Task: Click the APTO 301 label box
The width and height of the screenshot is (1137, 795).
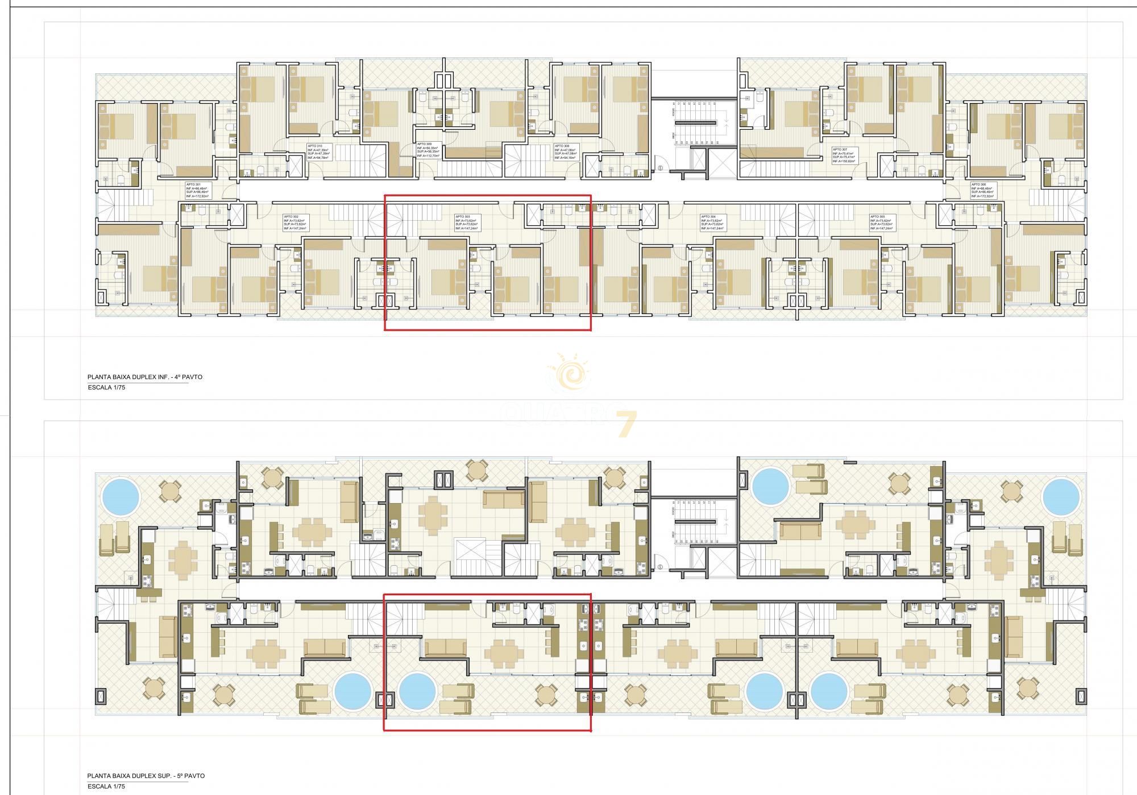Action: (x=197, y=190)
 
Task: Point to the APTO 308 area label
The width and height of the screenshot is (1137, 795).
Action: (x=566, y=152)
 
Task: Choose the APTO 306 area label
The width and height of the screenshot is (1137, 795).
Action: (x=983, y=190)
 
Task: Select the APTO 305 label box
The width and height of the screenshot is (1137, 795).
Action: (x=882, y=222)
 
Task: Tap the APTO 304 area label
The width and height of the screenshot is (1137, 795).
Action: (x=713, y=222)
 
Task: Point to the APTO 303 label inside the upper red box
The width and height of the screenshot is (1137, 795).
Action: (x=467, y=222)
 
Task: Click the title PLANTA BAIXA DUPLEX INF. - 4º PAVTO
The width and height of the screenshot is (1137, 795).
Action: (x=144, y=377)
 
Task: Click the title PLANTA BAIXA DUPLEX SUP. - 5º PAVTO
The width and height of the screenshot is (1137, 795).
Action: (x=146, y=776)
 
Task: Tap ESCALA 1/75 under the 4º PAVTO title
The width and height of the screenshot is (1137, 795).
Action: (x=106, y=388)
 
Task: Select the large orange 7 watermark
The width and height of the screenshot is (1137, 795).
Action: (x=625, y=425)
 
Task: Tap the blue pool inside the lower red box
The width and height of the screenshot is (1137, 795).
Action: (x=417, y=691)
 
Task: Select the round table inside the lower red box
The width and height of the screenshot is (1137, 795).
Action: (x=546, y=695)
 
